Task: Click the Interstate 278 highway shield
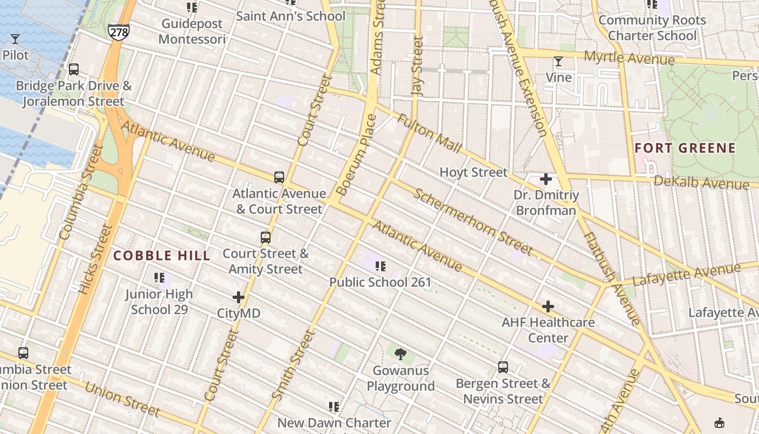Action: [x=118, y=31]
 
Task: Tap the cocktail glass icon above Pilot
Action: [x=15, y=39]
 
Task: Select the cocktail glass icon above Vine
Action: [x=558, y=61]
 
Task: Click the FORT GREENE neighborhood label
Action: [x=685, y=148]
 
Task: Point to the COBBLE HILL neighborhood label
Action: [x=162, y=256]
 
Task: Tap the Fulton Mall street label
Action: [x=429, y=133]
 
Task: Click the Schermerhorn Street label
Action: [x=473, y=221]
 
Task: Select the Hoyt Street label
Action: [x=473, y=173]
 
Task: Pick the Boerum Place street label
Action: [x=356, y=155]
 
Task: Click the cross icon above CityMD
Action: [x=239, y=297]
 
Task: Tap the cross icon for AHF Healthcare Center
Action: [x=548, y=307]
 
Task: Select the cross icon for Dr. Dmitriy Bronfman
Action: [x=546, y=179]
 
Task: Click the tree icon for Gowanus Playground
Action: [x=401, y=355]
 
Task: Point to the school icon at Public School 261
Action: [x=381, y=266]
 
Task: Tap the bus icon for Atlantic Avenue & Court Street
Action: [x=279, y=177]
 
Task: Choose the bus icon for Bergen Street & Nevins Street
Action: [x=503, y=367]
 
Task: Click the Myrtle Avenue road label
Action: [x=629, y=58]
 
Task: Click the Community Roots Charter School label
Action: [x=652, y=28]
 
